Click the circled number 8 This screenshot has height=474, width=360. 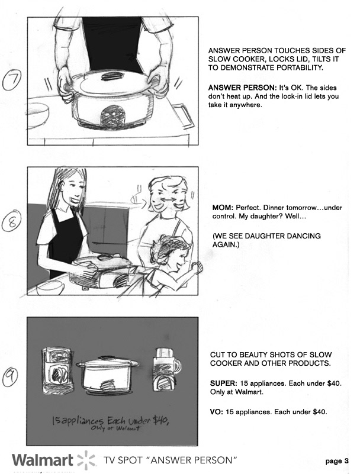pyautogui.click(x=11, y=221)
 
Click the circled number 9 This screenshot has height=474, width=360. pyautogui.click(x=10, y=376)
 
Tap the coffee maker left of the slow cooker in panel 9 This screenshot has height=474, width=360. pyautogui.click(x=57, y=371)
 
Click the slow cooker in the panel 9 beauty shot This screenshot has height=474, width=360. pyautogui.click(x=107, y=375)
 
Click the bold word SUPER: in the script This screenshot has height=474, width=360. pyautogui.click(x=224, y=383)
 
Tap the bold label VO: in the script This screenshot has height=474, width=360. pyautogui.click(x=217, y=412)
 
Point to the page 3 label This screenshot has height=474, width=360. pyautogui.click(x=337, y=462)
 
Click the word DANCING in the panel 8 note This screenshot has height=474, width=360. pyautogui.click(x=306, y=236)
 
